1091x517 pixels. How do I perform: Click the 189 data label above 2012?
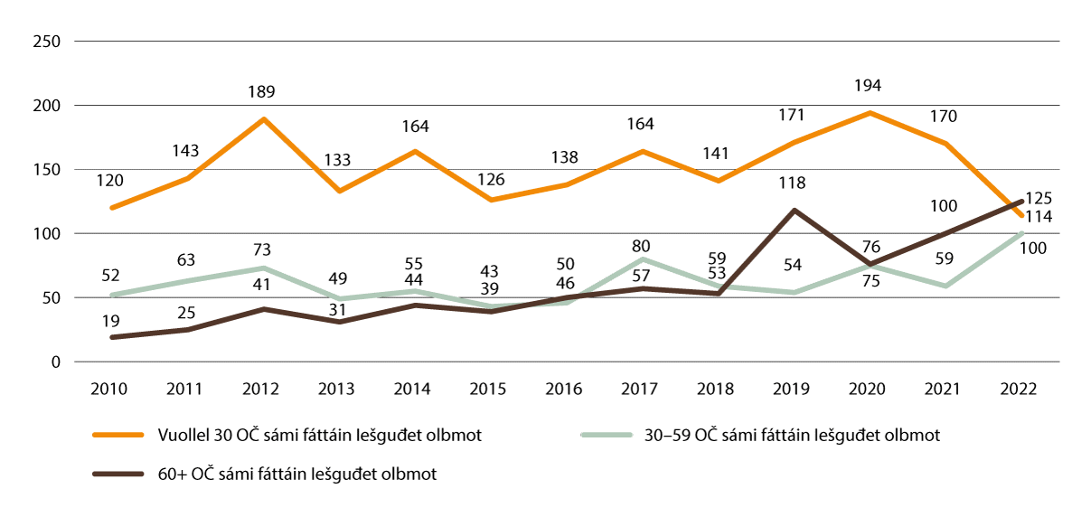(x=262, y=91)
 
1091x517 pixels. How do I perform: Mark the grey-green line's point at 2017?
(x=642, y=258)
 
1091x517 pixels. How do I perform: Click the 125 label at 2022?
(x=1039, y=198)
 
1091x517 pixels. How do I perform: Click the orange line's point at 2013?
(x=338, y=191)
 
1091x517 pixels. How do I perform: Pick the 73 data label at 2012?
(x=262, y=249)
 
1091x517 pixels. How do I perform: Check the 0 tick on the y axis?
(x=55, y=362)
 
